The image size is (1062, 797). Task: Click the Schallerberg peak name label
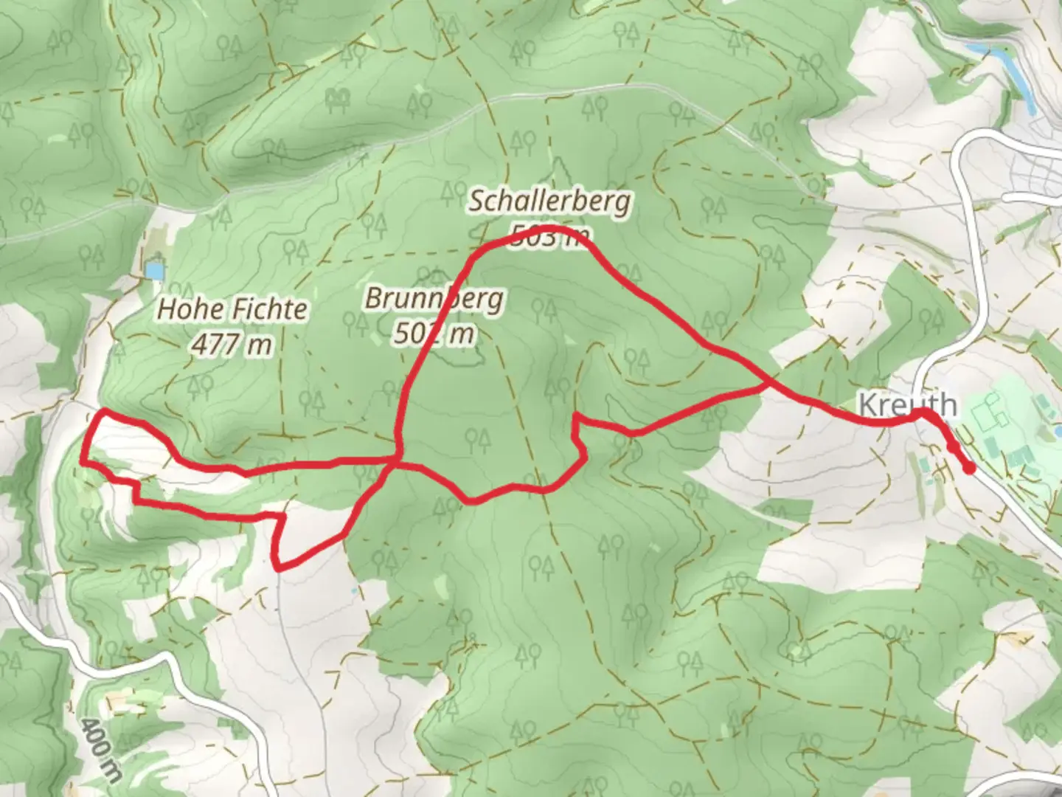549,201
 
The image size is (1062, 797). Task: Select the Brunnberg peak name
434,299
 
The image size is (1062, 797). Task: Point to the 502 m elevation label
433,334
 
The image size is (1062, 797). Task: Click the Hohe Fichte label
232,309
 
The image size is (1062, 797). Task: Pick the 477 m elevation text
232,344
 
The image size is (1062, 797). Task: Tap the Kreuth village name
908,405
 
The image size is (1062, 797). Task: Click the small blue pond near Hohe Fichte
154,270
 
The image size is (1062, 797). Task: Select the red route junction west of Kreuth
768,385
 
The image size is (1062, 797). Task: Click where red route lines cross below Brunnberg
397,462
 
